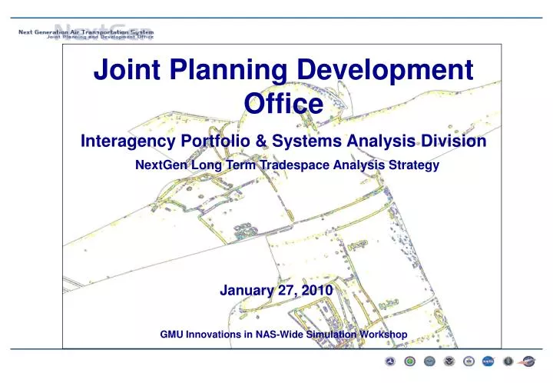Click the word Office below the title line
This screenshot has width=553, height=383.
coord(282,103)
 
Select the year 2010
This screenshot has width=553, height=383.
coord(316,290)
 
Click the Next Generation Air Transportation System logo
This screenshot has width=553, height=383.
coord(86,35)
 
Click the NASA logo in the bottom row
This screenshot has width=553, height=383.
coord(488,361)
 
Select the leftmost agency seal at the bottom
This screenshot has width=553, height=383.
coord(390,361)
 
